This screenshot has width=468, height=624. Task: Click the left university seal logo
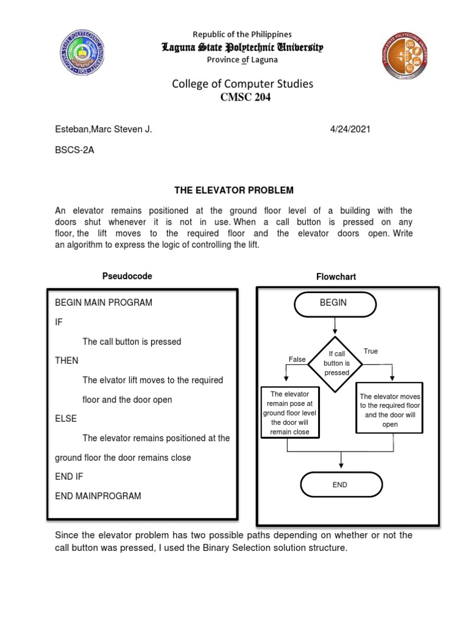tap(82, 54)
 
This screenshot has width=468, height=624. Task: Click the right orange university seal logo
tap(405, 55)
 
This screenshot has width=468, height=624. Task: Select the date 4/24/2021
tap(350, 129)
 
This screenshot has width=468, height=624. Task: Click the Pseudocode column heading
tap(127, 276)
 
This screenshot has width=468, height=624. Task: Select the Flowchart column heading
tap(336, 277)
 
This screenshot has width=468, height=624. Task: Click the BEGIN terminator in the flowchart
tap(336, 303)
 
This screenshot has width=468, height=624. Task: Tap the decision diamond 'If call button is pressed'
tap(336, 363)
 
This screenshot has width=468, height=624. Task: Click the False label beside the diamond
tap(297, 360)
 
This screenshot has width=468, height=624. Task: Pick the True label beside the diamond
tap(370, 351)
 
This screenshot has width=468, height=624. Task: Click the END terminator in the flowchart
tap(341, 484)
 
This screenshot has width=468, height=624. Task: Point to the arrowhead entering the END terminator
tap(341, 467)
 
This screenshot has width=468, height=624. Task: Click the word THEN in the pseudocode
tap(66, 361)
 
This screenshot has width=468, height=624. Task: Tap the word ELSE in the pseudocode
tap(66, 419)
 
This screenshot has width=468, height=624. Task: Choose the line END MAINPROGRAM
tap(97, 496)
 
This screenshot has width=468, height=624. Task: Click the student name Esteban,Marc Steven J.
tap(103, 129)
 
